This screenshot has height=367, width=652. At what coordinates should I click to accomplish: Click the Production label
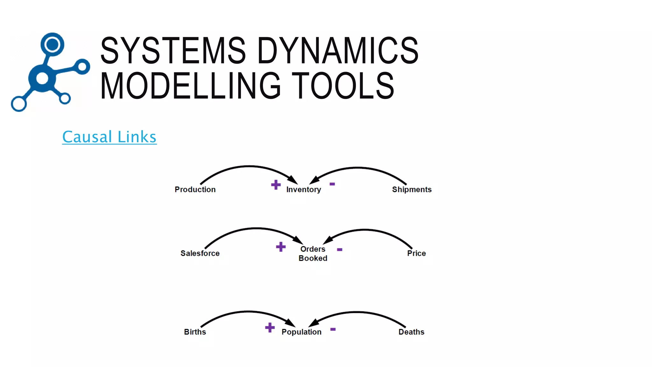click(195, 190)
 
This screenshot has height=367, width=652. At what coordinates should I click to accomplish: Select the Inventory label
click(303, 190)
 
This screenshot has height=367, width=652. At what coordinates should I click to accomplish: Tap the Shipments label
click(412, 190)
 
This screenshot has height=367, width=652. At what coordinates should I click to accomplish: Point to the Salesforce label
click(200, 253)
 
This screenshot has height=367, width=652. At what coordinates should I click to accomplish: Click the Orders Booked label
click(313, 254)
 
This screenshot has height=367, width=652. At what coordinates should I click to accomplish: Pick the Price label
click(416, 253)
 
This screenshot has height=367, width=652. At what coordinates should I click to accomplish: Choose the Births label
click(195, 332)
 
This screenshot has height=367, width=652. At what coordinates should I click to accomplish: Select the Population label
click(301, 332)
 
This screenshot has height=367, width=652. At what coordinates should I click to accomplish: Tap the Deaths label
click(411, 332)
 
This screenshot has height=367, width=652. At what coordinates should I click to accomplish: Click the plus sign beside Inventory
click(276, 185)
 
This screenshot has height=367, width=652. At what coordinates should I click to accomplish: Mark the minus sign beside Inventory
click(332, 184)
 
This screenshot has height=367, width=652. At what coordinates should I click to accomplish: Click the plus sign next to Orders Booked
click(281, 247)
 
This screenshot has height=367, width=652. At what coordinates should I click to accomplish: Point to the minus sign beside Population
click(333, 329)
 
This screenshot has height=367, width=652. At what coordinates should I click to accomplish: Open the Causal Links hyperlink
click(109, 137)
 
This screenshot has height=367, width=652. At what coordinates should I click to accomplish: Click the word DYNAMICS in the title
click(337, 51)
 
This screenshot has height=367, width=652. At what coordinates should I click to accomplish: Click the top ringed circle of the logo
click(52, 44)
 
